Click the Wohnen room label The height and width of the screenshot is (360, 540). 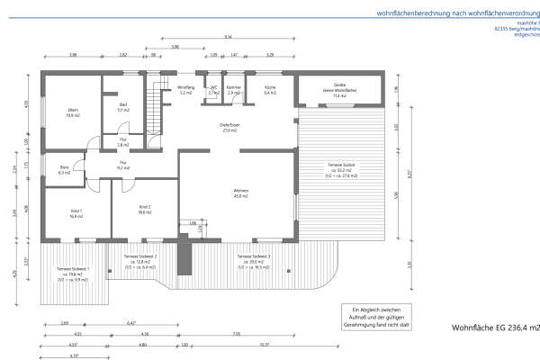pyautogui.click(x=241, y=194)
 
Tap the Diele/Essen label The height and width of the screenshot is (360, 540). pyautogui.click(x=229, y=127)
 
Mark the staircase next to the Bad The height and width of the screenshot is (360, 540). pyautogui.click(x=157, y=108)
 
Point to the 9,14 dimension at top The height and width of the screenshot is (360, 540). pyautogui.click(x=229, y=38)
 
